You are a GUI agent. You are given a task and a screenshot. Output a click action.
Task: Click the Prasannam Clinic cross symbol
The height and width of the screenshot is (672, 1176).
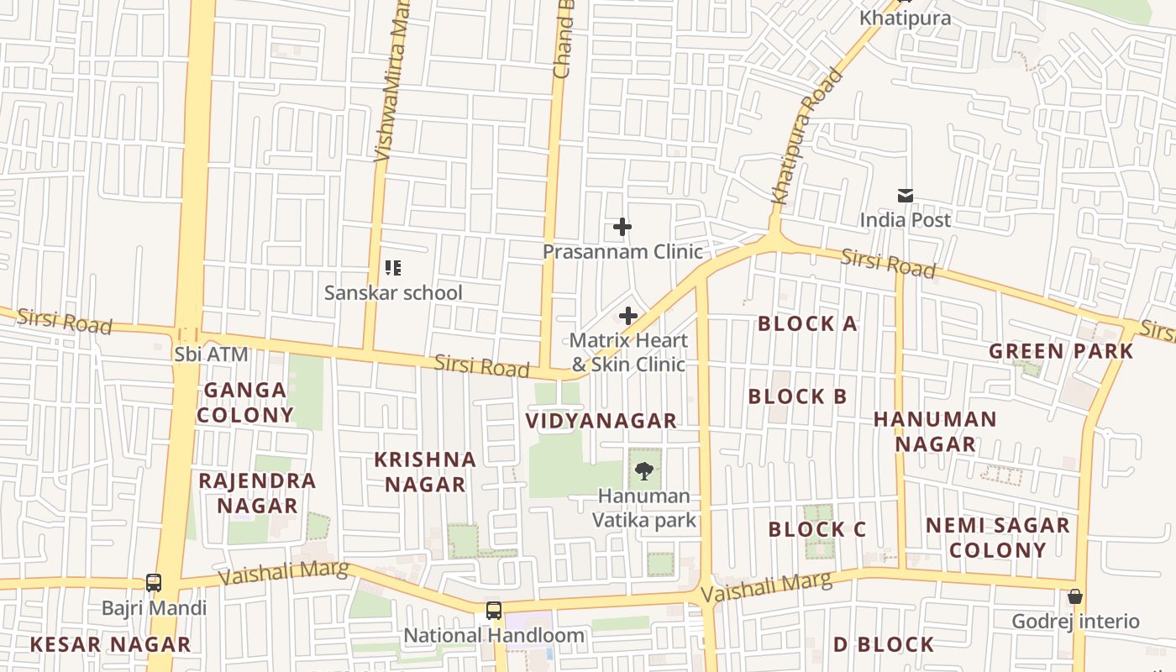[622, 227]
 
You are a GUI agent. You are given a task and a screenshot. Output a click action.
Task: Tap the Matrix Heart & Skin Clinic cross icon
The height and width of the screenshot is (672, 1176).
[628, 316]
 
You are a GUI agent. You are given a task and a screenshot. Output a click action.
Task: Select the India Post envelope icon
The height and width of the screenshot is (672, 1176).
[906, 196]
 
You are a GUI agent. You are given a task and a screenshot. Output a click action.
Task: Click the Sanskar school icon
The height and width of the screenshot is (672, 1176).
[393, 268]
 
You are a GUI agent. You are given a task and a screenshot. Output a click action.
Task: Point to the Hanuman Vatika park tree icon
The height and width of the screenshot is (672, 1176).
[644, 471]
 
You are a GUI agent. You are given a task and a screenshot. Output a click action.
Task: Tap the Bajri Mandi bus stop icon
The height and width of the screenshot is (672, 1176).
[154, 582]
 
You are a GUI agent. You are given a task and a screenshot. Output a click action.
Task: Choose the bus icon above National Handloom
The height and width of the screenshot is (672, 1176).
[494, 611]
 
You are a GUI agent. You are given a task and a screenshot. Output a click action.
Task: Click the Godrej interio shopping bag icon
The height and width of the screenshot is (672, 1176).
[1075, 596]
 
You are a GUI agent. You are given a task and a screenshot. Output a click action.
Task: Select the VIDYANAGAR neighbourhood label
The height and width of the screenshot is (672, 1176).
[601, 421]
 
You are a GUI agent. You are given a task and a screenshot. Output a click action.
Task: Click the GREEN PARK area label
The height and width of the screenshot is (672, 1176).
[1061, 351]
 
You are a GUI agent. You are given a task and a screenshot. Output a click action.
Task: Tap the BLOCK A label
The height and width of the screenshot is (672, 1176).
[807, 324]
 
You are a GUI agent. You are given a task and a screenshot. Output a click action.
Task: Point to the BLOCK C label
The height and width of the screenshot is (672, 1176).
[816, 530]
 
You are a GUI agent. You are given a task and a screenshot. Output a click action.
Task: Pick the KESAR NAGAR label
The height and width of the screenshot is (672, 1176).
[110, 645]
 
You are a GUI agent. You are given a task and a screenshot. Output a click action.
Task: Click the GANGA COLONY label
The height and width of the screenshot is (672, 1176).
[245, 402]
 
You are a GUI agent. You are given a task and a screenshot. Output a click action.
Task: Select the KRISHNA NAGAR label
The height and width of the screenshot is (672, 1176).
[425, 472]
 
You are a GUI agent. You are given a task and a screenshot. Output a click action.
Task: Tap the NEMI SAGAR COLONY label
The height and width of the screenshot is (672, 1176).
[997, 538]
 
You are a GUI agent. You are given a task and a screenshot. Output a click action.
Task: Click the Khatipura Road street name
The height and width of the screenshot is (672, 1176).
[806, 137]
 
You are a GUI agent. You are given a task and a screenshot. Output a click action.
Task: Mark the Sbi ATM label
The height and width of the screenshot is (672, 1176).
[212, 354]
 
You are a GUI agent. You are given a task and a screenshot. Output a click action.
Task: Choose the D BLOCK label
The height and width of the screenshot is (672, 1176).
[883, 645]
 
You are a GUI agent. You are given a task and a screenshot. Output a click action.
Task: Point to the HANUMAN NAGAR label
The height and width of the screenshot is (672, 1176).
[935, 431]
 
